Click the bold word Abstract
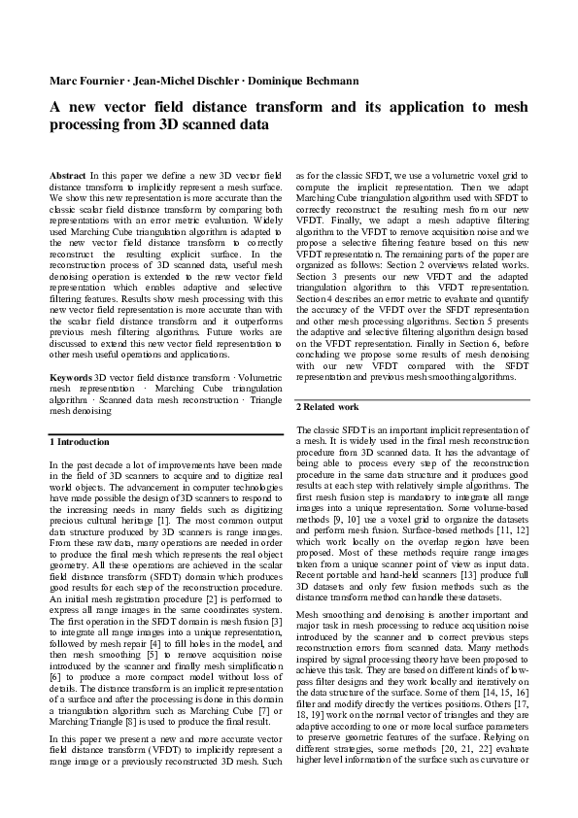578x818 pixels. pyautogui.click(x=67, y=173)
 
